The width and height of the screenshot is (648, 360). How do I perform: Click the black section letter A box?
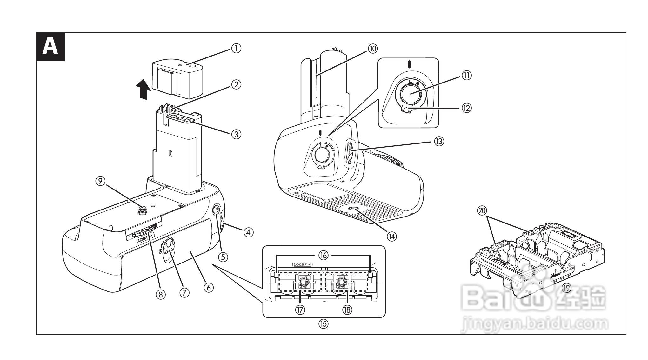pos(50,47)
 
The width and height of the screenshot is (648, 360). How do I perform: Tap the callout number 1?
pos(236,48)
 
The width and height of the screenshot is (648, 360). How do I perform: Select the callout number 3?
pos(236,134)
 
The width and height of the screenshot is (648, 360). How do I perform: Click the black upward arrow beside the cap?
pos(143,90)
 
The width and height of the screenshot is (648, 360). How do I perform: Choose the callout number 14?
pos(391,236)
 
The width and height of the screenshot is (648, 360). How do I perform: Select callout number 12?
pos(466,108)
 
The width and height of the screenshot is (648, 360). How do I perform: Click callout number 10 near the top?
pos(373,48)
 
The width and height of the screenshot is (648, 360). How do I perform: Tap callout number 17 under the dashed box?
pos(300,309)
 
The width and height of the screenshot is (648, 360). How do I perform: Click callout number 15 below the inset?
pos(324,324)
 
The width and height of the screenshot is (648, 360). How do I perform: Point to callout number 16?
pos(324,255)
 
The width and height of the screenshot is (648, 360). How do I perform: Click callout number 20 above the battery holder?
pos(482,210)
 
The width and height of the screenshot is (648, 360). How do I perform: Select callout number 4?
pos(248,233)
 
